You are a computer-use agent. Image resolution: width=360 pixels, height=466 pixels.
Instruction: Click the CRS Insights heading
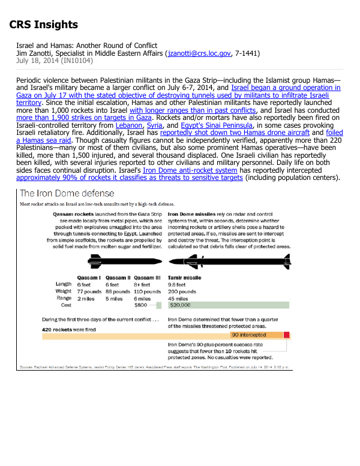tap(43, 25)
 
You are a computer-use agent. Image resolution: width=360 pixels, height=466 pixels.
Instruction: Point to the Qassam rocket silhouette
tap(124, 260)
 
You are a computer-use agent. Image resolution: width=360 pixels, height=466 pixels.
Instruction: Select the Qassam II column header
tap(118, 278)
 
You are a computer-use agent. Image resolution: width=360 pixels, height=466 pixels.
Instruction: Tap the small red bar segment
tap(287, 335)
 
